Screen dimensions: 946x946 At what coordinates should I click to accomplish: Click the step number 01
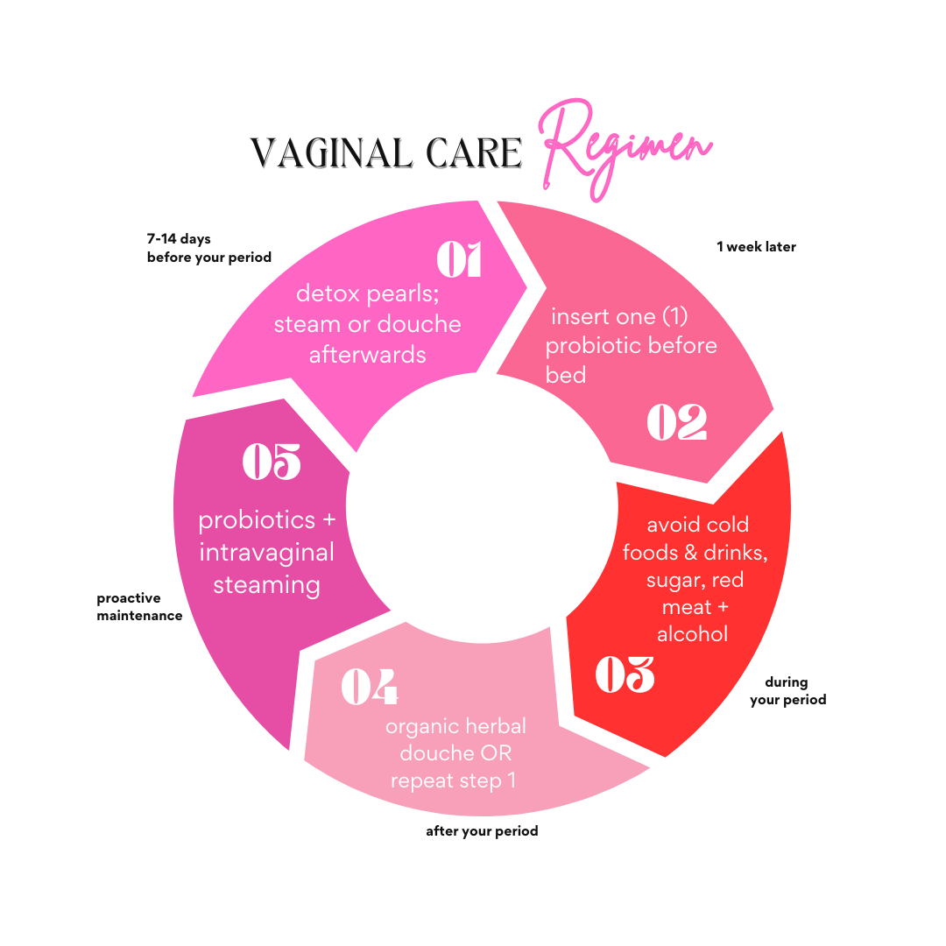tap(460, 259)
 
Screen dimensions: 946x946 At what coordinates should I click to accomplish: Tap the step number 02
tap(676, 422)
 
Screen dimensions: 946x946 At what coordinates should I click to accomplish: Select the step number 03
tap(625, 674)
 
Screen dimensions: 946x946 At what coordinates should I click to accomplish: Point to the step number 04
tap(369, 688)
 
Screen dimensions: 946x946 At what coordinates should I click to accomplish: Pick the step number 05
tap(272, 462)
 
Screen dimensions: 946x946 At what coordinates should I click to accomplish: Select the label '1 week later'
tap(756, 247)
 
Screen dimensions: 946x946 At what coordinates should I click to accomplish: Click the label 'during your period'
tap(787, 691)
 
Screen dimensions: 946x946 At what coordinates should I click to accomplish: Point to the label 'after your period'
tap(482, 830)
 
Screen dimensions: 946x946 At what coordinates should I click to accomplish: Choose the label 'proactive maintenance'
tap(139, 607)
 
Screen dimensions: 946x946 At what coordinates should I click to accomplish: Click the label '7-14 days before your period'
tap(208, 248)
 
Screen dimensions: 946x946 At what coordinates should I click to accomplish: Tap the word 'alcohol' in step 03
tap(692, 634)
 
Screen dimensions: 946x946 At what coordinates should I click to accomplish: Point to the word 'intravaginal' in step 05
tap(266, 553)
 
